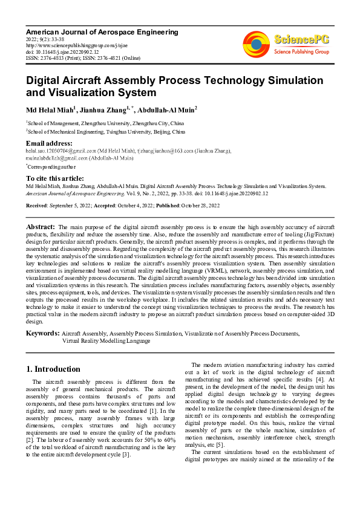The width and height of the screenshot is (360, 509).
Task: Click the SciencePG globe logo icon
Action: click(x=256, y=43)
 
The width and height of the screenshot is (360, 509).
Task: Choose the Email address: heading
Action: click(x=50, y=143)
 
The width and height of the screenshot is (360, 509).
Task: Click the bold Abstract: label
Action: click(x=41, y=225)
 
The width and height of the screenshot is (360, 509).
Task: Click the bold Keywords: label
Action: click(x=42, y=333)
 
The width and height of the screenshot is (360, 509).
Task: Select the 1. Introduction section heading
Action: click(x=53, y=369)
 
